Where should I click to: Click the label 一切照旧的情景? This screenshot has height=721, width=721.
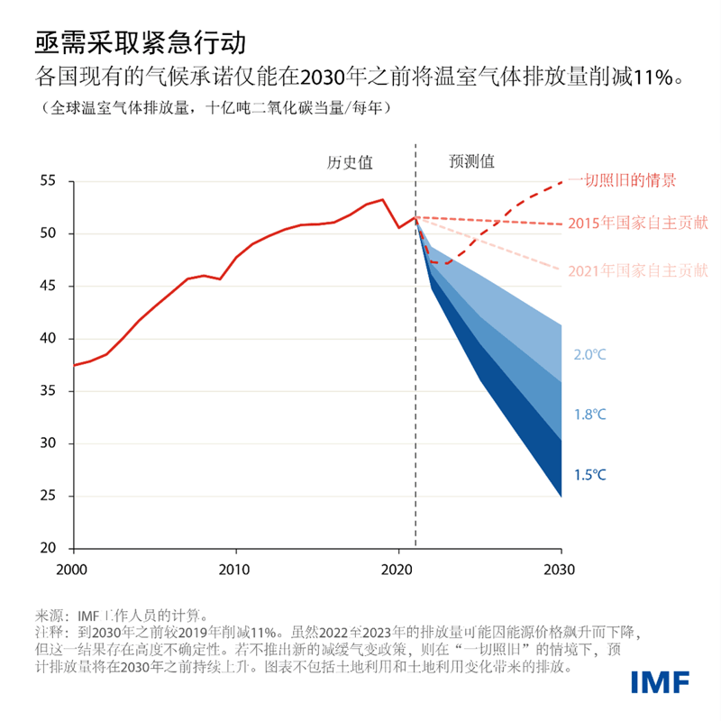[x=622, y=180]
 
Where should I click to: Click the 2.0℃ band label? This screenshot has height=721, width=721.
[x=589, y=355]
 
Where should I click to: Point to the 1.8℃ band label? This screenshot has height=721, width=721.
[x=589, y=415]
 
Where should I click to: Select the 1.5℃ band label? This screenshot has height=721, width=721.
[x=589, y=475]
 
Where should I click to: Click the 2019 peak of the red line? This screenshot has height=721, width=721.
[x=382, y=200]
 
